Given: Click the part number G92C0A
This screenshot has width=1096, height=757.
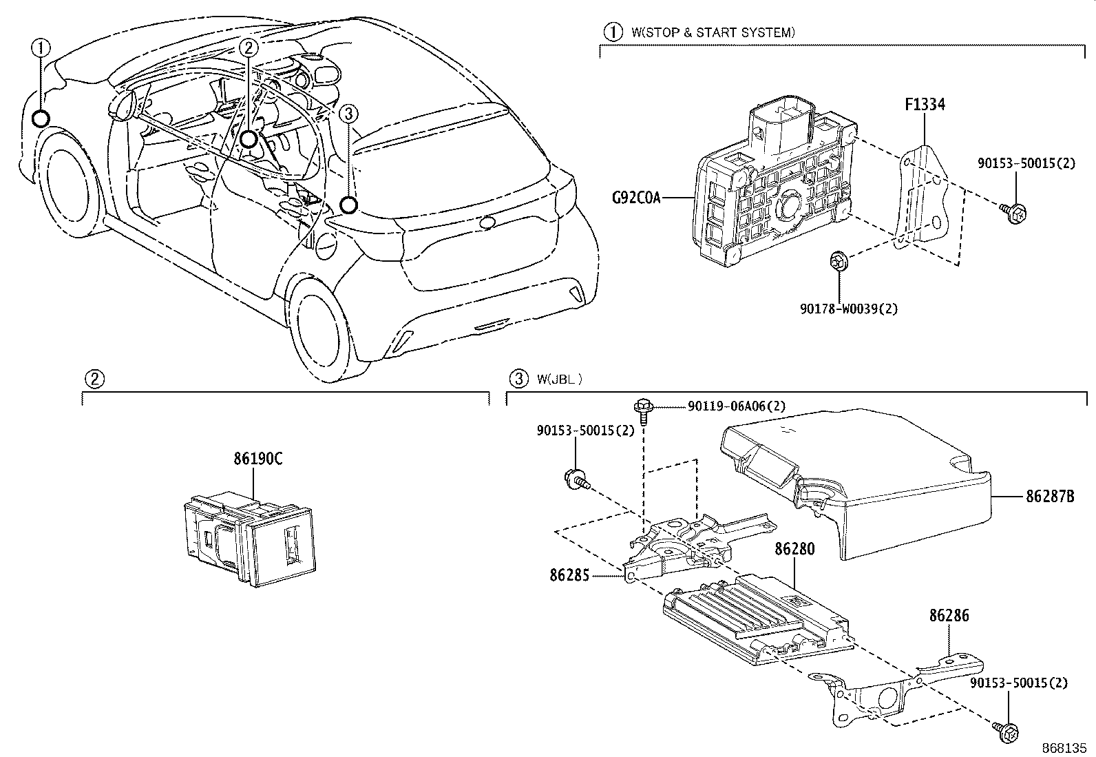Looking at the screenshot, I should tap(636, 199).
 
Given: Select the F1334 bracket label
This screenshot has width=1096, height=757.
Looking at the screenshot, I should tap(924, 105).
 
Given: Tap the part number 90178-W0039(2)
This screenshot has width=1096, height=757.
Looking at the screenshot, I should tap(848, 309).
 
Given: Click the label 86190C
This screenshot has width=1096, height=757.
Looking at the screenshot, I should tap(257, 459).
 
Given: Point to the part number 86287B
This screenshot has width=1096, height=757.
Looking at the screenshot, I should tap(1050, 497).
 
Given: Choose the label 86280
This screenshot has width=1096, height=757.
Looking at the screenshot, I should tap(794, 549).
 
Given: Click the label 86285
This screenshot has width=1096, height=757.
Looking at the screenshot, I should tap(569, 574).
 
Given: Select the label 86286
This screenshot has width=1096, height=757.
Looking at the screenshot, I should tap(949, 615).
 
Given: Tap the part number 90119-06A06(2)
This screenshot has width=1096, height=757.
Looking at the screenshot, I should tap(737, 406).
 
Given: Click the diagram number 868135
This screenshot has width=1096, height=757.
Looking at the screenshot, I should tap(1066, 747).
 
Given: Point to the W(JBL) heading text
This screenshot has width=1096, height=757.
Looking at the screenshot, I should tap(559, 378).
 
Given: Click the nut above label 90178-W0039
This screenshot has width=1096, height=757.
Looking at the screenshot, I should tap(838, 261).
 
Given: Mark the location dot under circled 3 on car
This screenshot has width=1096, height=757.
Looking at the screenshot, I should tap(349, 205).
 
